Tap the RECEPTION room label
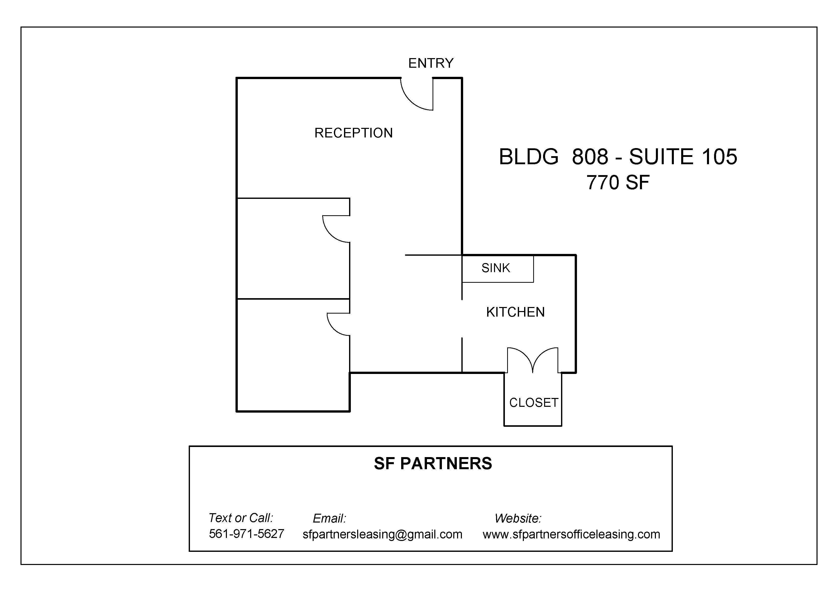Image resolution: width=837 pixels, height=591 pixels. click(x=354, y=133)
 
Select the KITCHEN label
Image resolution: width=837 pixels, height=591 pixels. click(x=516, y=312)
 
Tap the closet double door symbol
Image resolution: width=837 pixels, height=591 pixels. click(x=533, y=361)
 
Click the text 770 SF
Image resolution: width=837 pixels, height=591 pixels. click(x=618, y=182)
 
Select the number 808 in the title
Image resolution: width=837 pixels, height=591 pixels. click(x=590, y=157)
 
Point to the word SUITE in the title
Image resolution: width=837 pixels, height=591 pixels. click(x=661, y=157)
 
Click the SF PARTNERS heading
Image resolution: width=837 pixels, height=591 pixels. click(x=433, y=464)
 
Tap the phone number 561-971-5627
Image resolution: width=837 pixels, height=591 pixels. click(x=246, y=534)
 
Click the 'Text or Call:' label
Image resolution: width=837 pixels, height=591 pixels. click(x=241, y=518)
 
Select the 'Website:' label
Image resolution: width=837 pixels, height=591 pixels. click(x=518, y=518)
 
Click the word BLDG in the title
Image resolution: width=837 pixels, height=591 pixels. click(x=529, y=157)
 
